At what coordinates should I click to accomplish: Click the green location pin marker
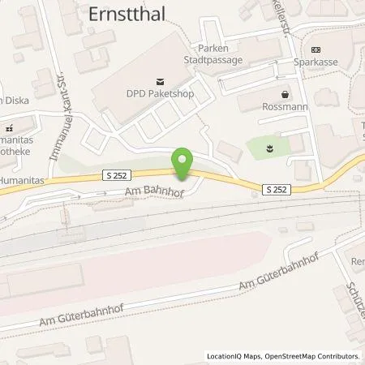coord(183,162)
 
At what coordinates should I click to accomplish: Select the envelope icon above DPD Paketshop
coord(161,81)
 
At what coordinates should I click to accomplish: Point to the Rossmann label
coord(284,107)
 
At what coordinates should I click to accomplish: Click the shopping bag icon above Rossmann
coord(285,94)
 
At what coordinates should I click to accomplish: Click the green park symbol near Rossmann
coord(271,148)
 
